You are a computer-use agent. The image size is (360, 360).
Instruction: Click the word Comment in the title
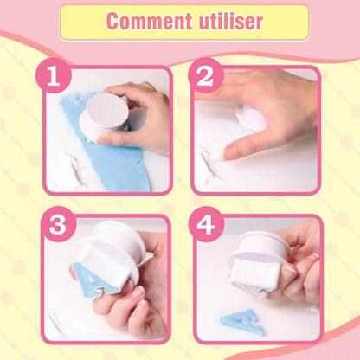pos(149,21)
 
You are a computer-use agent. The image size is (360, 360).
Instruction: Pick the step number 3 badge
pos(58,224)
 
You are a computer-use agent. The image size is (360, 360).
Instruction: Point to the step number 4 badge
pos(206,224)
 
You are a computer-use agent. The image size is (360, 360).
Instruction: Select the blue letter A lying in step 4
pos(243,322)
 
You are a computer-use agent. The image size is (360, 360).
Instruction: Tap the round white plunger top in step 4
pos(260,244)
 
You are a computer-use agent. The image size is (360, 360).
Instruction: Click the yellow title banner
pos(184,22)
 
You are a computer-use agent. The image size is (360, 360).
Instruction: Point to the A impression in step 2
pos(210,163)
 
